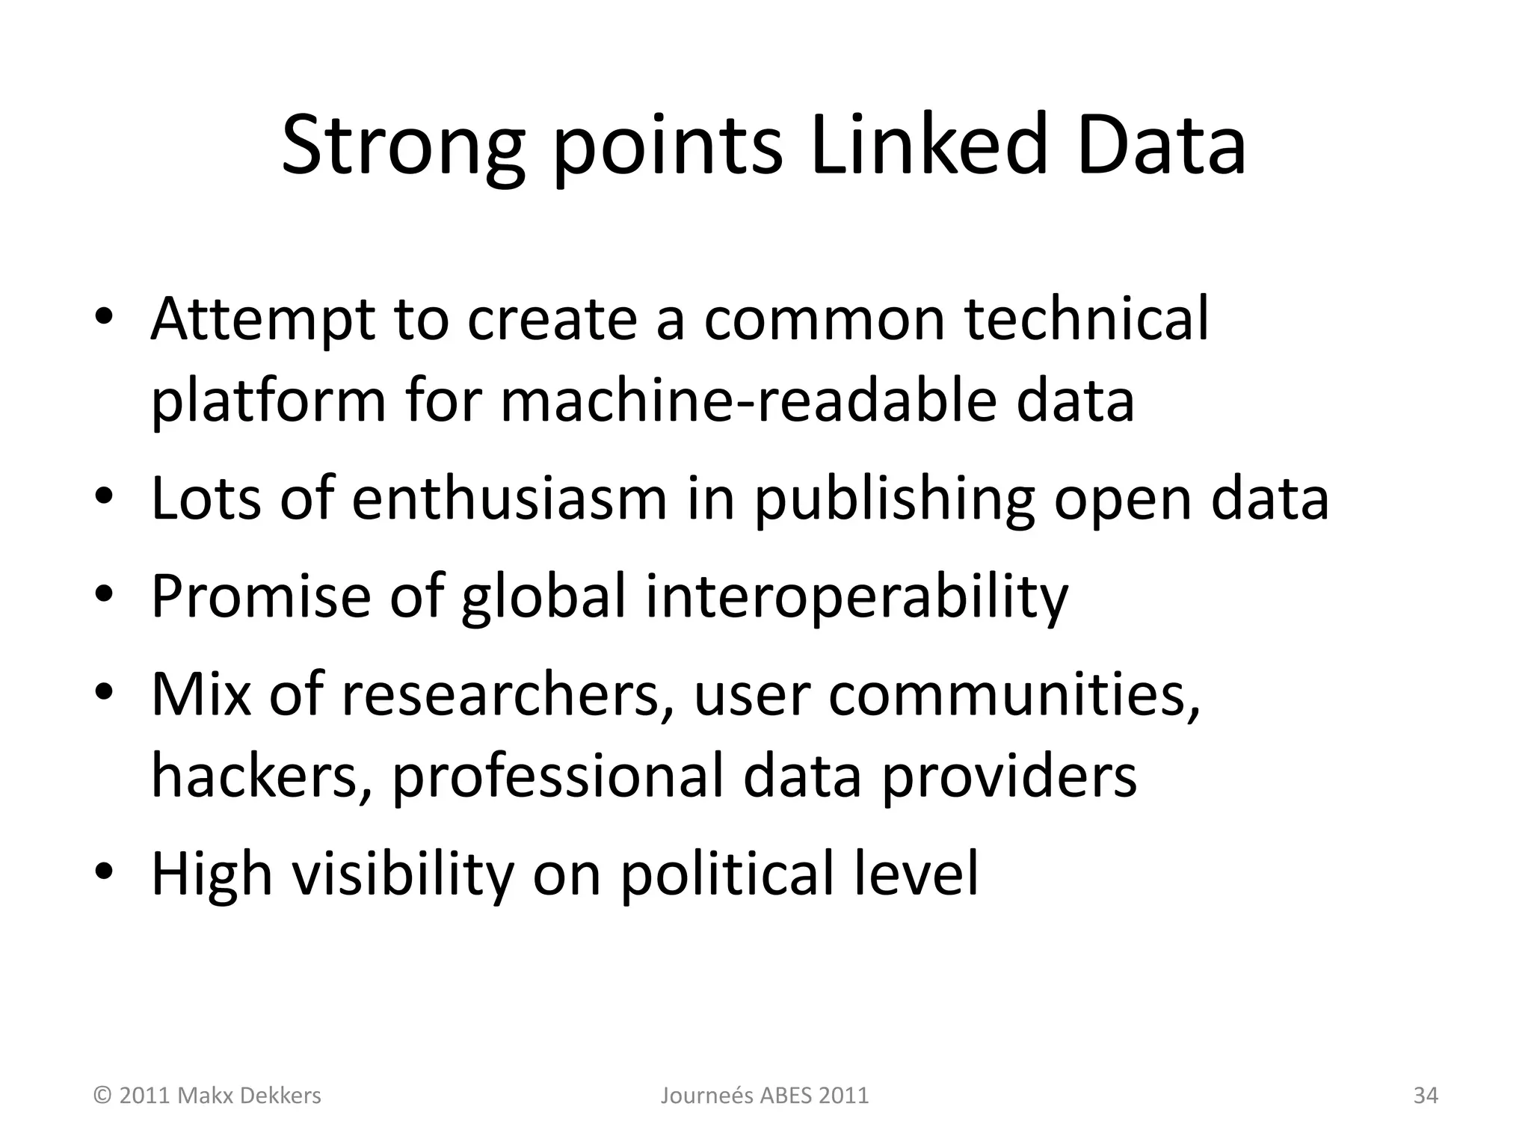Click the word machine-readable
coord(748,401)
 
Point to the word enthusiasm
coord(509,499)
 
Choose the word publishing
coord(894,499)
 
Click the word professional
coord(558,776)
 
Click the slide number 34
coord(1426,1096)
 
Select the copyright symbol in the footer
coord(102,1096)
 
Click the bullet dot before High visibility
coord(104,872)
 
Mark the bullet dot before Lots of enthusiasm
coord(104,497)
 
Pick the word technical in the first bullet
coord(1086,320)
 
